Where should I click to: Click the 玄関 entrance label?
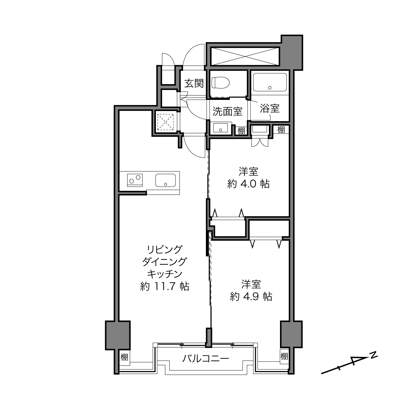(194, 83)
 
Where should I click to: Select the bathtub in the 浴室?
(270, 82)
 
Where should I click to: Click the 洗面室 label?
(228, 111)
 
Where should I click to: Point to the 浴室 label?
(270, 108)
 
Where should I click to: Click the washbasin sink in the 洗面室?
(220, 128)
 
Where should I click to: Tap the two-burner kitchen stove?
(135, 180)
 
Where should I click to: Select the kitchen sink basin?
(165, 180)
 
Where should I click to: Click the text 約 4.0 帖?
(248, 184)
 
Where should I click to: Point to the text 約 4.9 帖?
(251, 296)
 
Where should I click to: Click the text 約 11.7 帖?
(165, 286)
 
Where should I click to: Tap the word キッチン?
(165, 274)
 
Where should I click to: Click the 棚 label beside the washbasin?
(241, 131)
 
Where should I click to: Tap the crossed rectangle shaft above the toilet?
(245, 56)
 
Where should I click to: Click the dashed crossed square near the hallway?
(165, 122)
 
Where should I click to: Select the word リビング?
(165, 249)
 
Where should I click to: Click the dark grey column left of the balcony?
(118, 335)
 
